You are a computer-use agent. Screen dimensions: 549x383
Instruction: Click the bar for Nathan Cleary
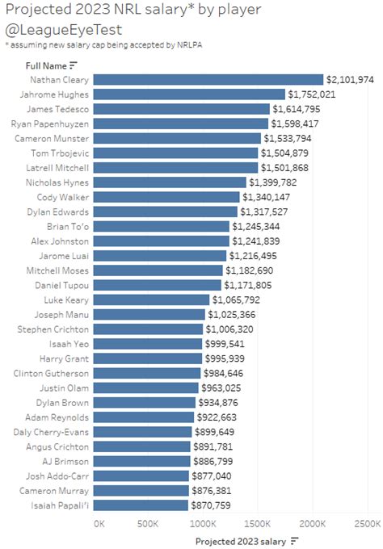point(208,79)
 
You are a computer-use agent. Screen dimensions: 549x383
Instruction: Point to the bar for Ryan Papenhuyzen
point(181,124)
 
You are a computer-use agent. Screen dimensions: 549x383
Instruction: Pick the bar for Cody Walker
point(166,197)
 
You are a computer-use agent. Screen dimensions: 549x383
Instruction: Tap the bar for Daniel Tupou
point(158,285)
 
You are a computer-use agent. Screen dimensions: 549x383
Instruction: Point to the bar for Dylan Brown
point(145,403)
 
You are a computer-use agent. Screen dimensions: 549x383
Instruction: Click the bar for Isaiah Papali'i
point(141,505)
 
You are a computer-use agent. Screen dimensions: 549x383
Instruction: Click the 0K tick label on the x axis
point(99,524)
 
